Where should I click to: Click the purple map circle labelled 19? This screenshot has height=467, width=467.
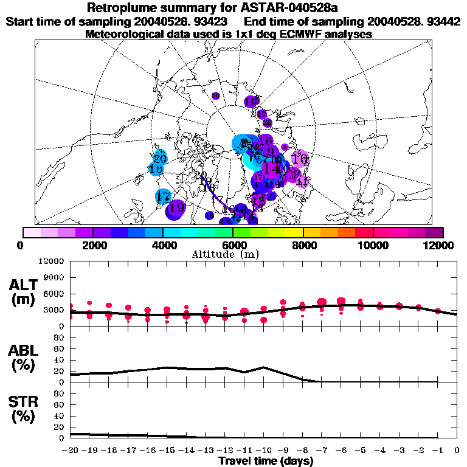coord(176,208)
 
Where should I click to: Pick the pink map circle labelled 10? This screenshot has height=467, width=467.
coord(299,159)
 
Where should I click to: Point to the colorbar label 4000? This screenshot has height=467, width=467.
coord(163,245)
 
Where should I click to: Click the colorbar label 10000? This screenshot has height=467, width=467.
coord(373,245)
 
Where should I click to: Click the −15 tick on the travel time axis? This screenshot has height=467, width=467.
coord(167,450)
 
